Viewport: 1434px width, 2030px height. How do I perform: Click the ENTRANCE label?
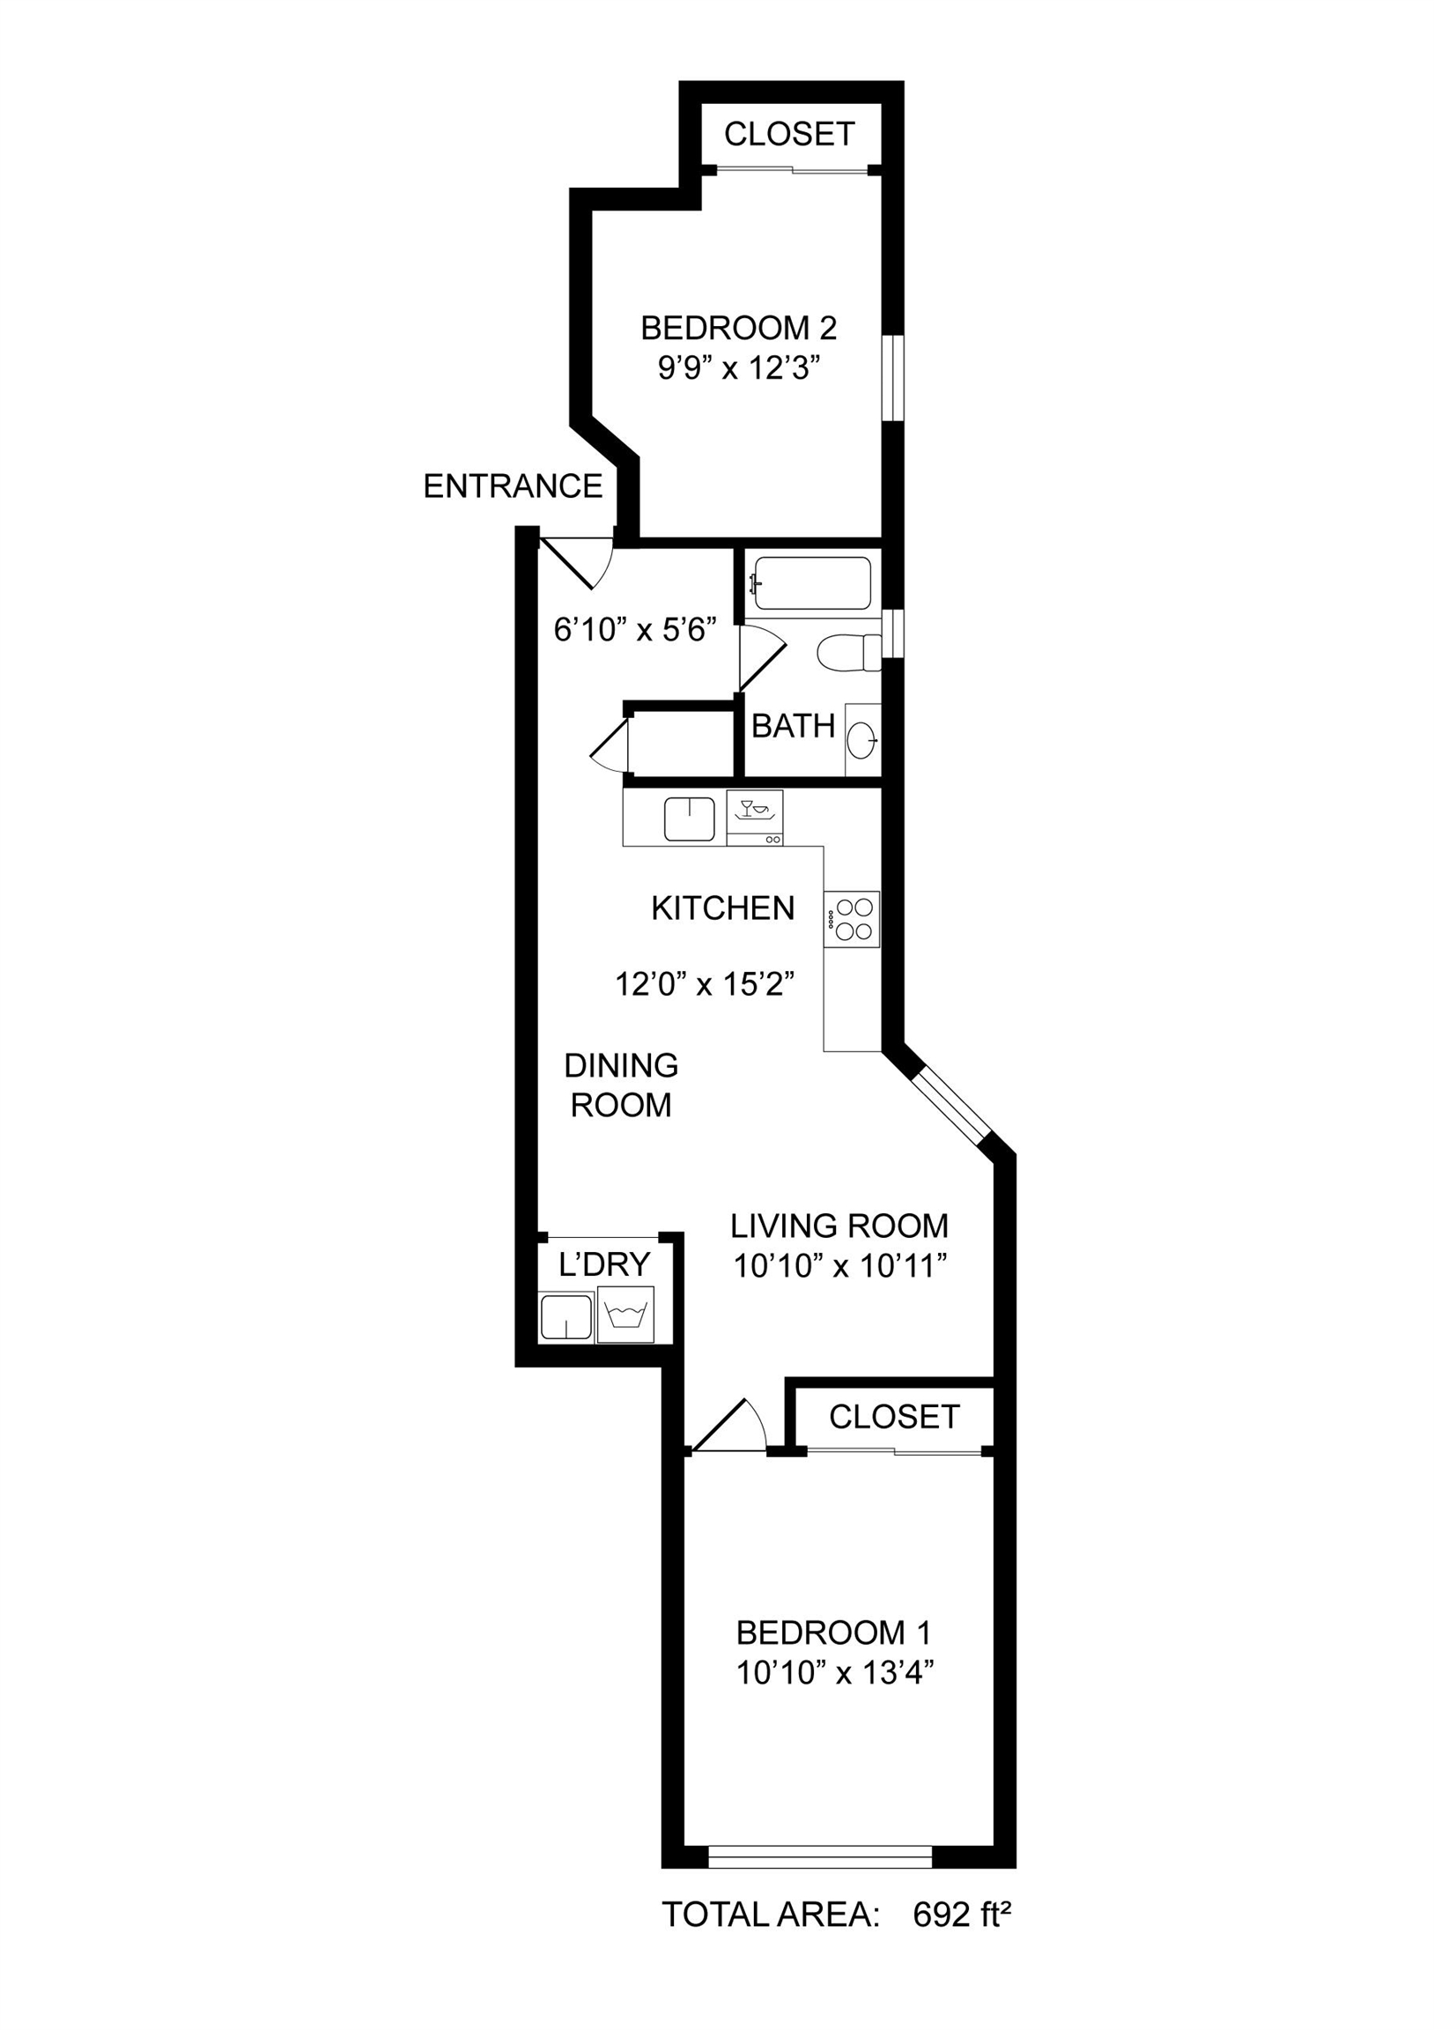click(x=513, y=486)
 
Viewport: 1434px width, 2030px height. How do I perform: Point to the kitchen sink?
click(x=690, y=819)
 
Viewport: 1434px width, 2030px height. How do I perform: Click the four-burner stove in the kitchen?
click(x=853, y=920)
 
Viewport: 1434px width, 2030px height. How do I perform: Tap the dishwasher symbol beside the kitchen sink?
click(x=754, y=818)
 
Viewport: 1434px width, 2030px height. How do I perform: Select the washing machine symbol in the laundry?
click(x=626, y=1315)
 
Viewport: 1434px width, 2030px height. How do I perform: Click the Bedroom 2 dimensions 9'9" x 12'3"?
click(x=735, y=367)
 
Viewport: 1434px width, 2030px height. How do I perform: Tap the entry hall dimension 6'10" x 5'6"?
click(x=635, y=630)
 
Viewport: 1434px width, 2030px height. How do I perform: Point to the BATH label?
click(x=793, y=726)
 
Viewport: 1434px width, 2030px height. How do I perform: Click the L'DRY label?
click(x=605, y=1264)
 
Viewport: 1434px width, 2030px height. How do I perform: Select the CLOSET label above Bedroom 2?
click(x=789, y=135)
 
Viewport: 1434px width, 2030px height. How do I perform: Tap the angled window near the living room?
click(x=950, y=1107)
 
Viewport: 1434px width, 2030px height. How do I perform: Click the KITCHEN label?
click(x=723, y=908)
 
